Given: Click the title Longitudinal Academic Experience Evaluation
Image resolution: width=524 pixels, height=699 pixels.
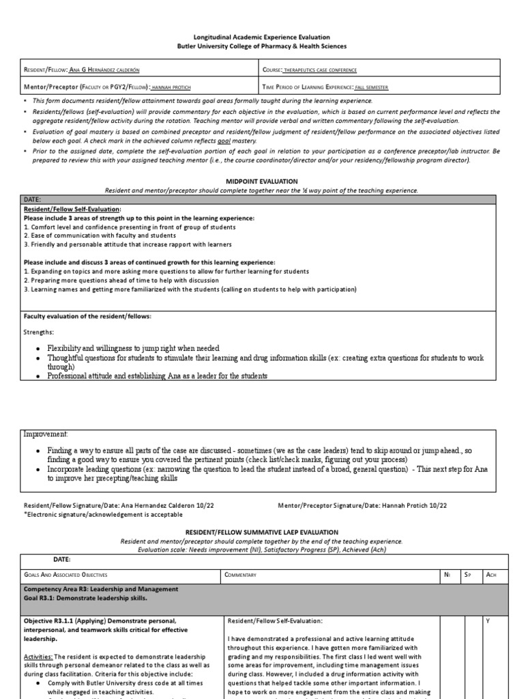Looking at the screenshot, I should coord(262,38).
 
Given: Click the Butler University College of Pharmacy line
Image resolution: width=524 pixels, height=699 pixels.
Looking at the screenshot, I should coord(262,46).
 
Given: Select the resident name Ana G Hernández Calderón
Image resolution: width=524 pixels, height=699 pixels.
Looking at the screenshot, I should coord(108,70).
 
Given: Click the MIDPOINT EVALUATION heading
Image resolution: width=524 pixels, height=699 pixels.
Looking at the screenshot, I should coord(262,182).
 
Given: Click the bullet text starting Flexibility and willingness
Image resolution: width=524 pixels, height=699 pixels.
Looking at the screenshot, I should coord(133,348).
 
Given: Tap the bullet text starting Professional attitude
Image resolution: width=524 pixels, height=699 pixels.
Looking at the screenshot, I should coord(157,375).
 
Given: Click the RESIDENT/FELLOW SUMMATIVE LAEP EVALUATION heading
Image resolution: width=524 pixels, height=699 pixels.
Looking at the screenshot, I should coord(262,532).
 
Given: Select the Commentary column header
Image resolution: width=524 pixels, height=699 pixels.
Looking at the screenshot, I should coord(240,575).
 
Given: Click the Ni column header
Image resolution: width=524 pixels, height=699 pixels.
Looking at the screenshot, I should coord(447,575).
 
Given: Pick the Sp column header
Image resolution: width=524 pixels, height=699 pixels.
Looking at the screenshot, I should coord(468,575).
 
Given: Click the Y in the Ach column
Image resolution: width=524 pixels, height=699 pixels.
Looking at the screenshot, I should coord(488,621).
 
